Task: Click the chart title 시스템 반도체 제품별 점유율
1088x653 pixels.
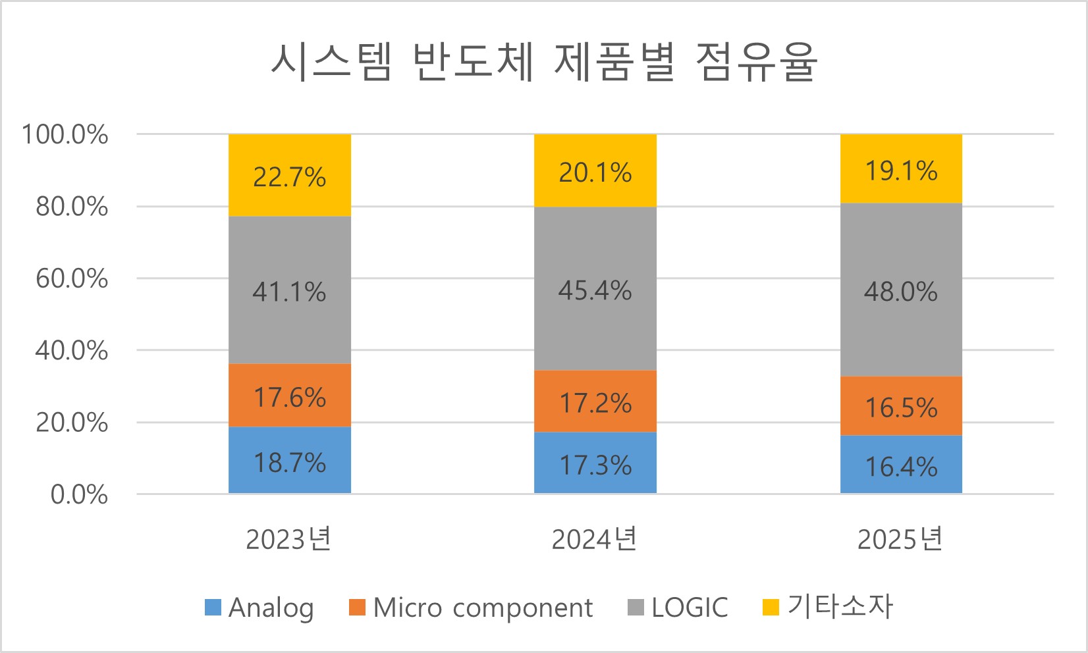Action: [x=544, y=63]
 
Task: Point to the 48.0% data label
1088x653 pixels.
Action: [x=900, y=292]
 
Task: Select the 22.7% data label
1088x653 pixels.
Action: [x=290, y=177]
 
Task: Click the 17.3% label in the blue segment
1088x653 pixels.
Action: [x=595, y=465]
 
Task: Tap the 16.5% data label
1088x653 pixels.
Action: [x=901, y=407]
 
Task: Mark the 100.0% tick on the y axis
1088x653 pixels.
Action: [x=65, y=135]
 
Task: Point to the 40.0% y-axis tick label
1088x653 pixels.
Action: [x=72, y=350]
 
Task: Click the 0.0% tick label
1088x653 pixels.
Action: [x=79, y=494]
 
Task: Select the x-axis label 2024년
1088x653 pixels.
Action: [x=595, y=539]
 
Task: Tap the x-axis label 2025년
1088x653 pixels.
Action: [x=900, y=539]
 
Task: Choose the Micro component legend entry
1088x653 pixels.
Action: [x=482, y=608]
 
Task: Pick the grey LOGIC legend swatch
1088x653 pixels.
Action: [x=636, y=607]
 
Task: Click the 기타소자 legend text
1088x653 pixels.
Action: [x=840, y=606]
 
